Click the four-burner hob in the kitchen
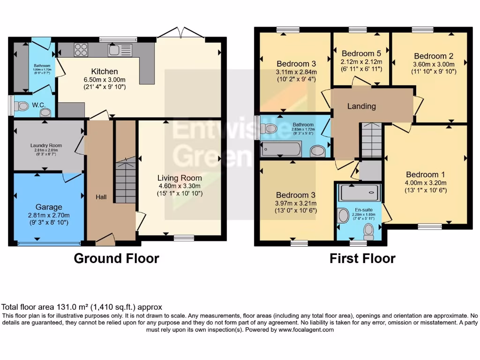pyautogui.click(x=81, y=49)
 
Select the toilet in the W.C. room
pyautogui.click(x=21, y=107)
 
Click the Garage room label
pyautogui.click(x=49, y=207)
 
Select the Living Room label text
pyautogui.click(x=180, y=178)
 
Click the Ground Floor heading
pyautogui.click(x=116, y=258)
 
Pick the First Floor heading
pyautogui.click(x=362, y=258)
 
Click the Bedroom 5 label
pyautogui.click(x=361, y=53)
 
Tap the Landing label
pyautogui.click(x=361, y=106)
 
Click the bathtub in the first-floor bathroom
pyautogui.click(x=281, y=149)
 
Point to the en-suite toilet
pyautogui.click(x=369, y=231)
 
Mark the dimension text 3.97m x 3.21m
pyautogui.click(x=296, y=203)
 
